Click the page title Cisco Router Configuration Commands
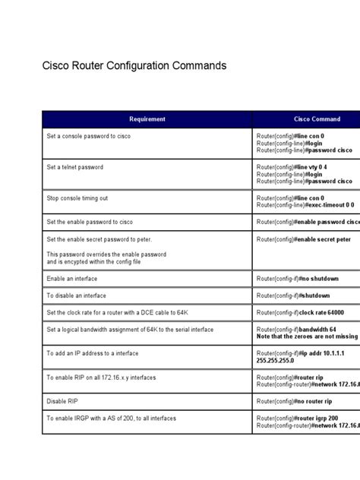point(134,66)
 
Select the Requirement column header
point(147,119)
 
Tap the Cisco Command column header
point(317,119)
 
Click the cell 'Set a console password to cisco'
point(90,134)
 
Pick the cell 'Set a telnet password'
point(74,167)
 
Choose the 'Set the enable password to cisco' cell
point(90,222)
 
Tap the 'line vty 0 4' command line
point(304,166)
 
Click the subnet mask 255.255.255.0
point(275,361)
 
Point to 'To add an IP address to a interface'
point(93,353)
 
